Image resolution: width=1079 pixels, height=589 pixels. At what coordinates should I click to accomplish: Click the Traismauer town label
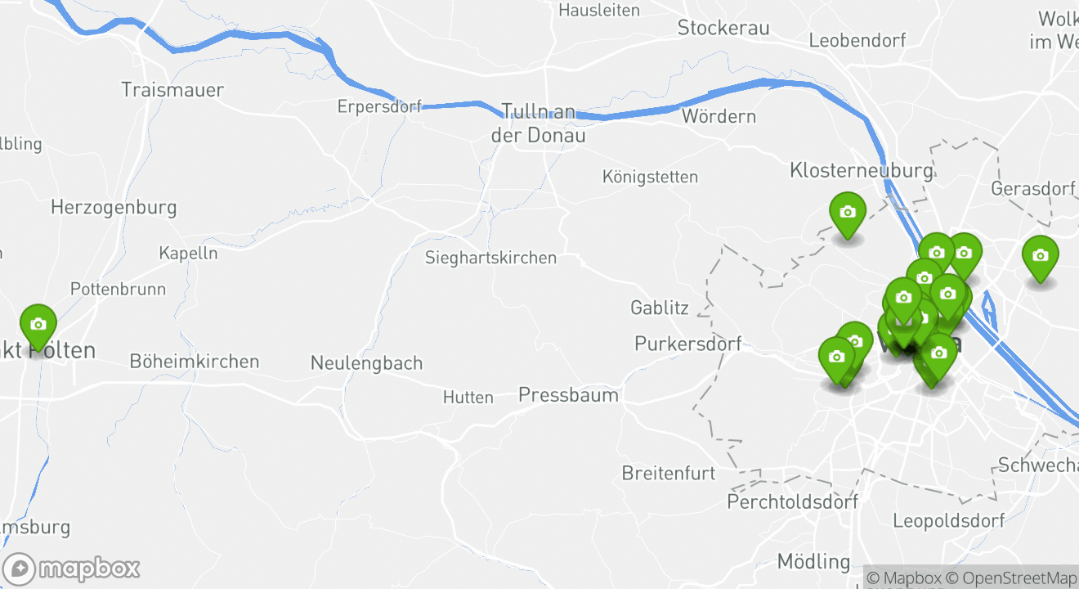172,90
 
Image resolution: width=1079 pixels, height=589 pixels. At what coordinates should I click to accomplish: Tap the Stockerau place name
723,29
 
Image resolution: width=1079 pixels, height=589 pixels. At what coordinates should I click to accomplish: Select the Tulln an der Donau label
538,123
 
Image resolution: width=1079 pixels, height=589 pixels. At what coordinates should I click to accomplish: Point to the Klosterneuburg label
861,170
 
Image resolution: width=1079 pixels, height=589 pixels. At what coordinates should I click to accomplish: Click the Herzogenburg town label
114,207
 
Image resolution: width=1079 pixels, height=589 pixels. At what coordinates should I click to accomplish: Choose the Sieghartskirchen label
490,258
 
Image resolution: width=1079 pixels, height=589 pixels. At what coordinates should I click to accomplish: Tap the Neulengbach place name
366,362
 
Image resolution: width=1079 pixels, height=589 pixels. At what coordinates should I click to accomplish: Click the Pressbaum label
568,395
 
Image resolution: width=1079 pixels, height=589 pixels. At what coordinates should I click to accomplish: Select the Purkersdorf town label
687,344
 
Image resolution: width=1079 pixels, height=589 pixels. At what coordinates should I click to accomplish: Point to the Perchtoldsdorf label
792,501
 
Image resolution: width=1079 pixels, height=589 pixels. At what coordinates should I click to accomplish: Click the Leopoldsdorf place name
948,520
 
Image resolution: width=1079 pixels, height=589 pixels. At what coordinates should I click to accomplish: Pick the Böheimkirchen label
194,361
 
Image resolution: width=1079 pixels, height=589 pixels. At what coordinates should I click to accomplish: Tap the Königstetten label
650,177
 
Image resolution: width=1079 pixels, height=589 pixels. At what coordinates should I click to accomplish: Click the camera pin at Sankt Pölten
38,326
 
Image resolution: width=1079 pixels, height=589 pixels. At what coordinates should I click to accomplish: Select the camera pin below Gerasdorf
1040,257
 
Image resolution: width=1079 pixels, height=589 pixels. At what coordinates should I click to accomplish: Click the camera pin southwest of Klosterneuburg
848,213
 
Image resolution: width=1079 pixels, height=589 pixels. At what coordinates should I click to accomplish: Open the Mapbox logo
71,569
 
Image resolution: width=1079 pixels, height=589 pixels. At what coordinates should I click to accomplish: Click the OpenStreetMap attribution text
1014,578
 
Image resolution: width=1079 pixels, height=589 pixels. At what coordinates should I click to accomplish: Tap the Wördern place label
719,116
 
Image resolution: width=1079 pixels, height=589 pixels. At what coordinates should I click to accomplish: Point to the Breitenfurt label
668,473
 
